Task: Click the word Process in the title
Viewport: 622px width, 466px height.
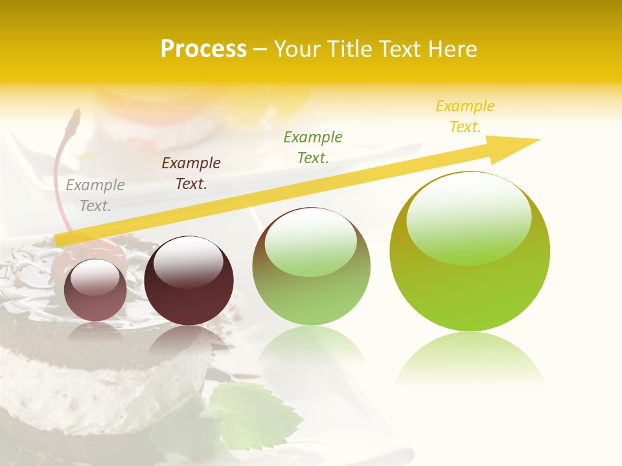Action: [203, 49]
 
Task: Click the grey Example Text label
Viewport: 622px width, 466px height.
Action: [95, 195]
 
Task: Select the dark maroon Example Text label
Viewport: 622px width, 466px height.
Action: [191, 173]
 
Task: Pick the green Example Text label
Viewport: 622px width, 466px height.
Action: [313, 147]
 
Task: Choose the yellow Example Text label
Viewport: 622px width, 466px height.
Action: [465, 116]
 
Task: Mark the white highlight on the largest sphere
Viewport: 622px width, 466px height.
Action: [468, 217]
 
